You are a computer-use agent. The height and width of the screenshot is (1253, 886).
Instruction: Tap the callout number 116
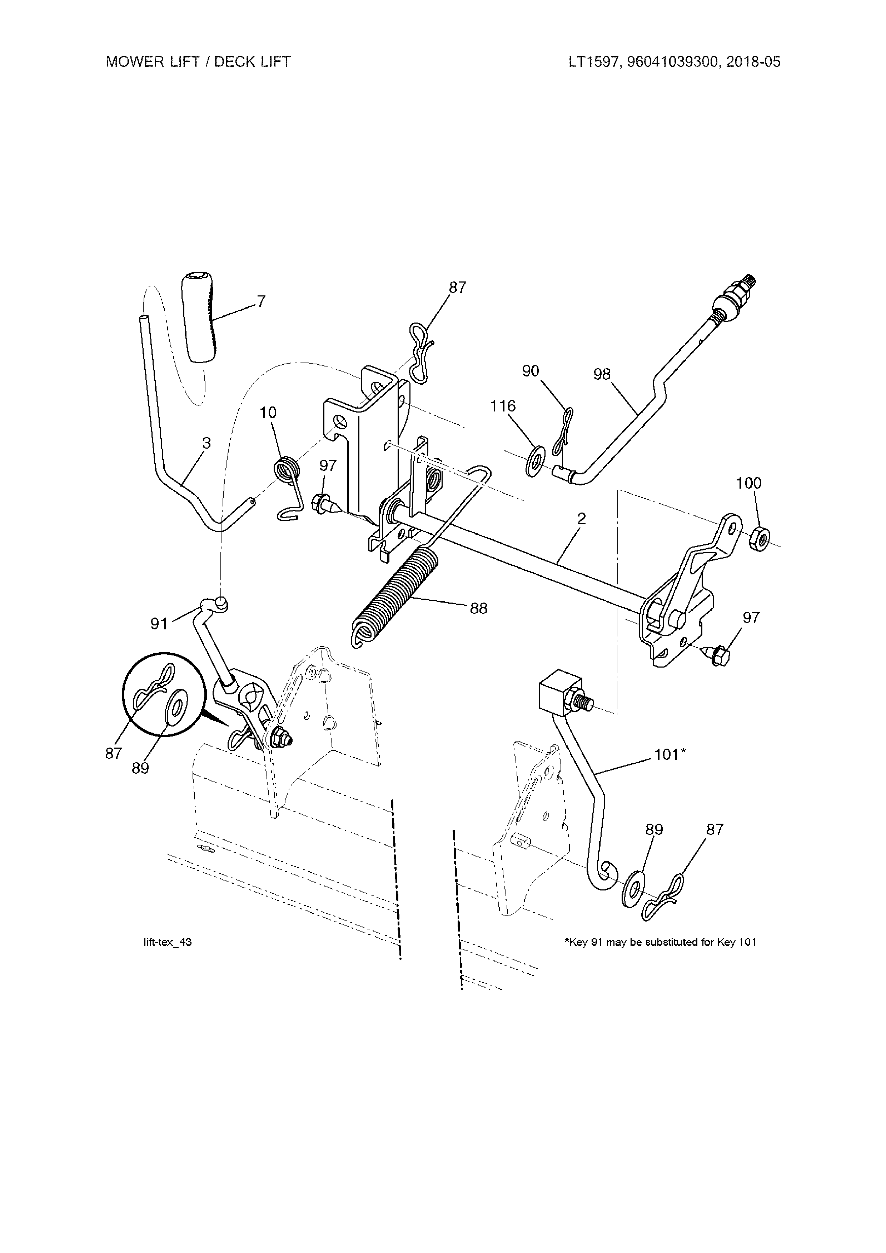click(503, 406)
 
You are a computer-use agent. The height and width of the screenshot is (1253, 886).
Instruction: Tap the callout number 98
click(602, 374)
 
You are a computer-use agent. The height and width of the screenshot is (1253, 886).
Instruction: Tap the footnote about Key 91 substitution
click(660, 942)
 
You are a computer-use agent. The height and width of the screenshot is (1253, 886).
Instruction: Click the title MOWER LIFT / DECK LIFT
click(198, 62)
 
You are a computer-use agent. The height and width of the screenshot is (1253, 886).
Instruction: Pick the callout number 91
click(159, 624)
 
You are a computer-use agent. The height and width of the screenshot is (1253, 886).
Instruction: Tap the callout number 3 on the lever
click(206, 443)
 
